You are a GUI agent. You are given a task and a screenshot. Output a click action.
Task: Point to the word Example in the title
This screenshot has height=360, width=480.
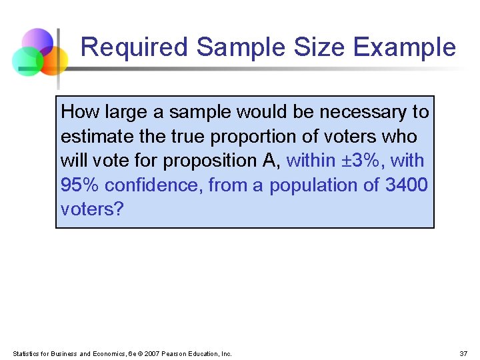coord(405,48)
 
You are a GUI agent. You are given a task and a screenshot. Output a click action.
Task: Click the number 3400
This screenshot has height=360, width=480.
coord(407,185)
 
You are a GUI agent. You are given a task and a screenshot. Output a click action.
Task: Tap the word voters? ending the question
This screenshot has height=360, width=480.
coord(92,209)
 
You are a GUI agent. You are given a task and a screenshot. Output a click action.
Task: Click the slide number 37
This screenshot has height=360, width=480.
coord(463,353)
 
